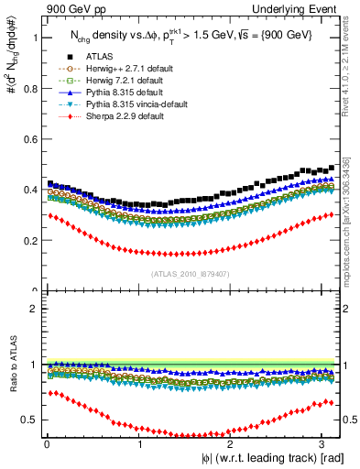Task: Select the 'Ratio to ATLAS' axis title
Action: tap(11, 364)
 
